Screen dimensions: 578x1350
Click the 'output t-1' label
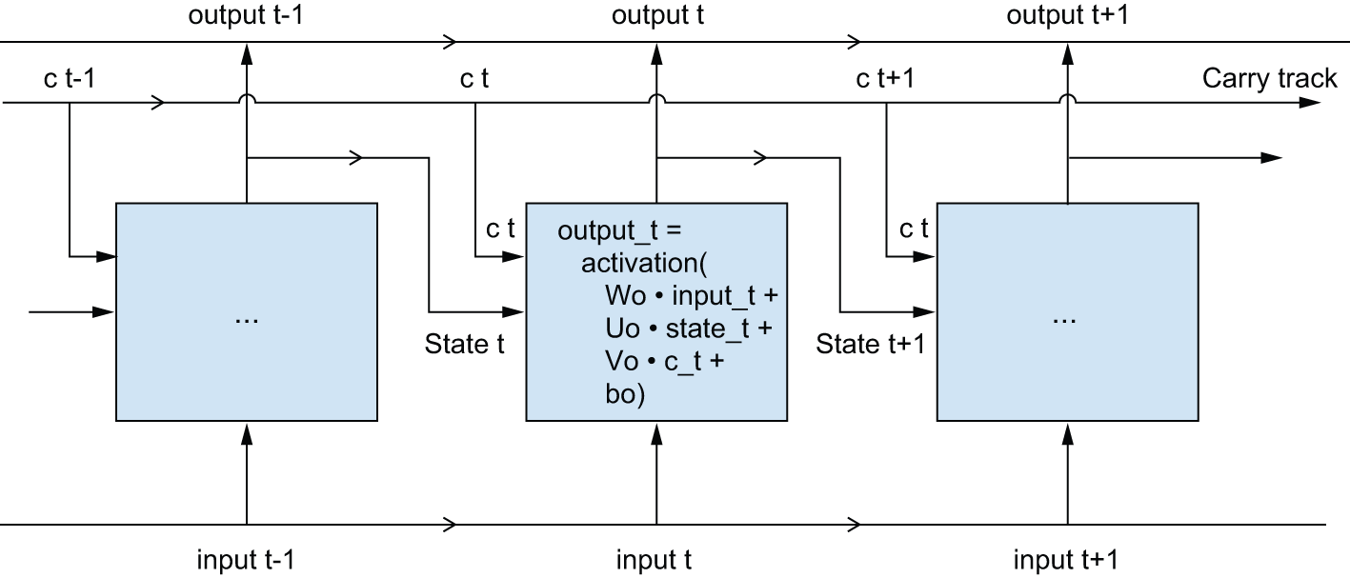[x=247, y=16]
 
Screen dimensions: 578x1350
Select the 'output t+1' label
[x=1067, y=16]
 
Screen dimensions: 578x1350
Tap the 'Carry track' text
[x=1269, y=78]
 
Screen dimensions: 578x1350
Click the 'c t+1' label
[x=886, y=78]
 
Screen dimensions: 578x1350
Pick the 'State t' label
[x=464, y=343]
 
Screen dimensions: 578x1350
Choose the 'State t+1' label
[x=871, y=343]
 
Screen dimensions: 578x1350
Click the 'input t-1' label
[x=247, y=559]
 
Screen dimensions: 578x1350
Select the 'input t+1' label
[x=1067, y=559]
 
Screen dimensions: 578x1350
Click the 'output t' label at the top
[x=657, y=16]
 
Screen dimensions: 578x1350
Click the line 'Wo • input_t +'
[x=692, y=294]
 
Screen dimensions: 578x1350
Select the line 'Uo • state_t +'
[x=690, y=329]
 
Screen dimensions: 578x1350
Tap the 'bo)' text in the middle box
[x=625, y=394]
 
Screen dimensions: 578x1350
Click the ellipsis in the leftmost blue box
[x=247, y=319]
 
